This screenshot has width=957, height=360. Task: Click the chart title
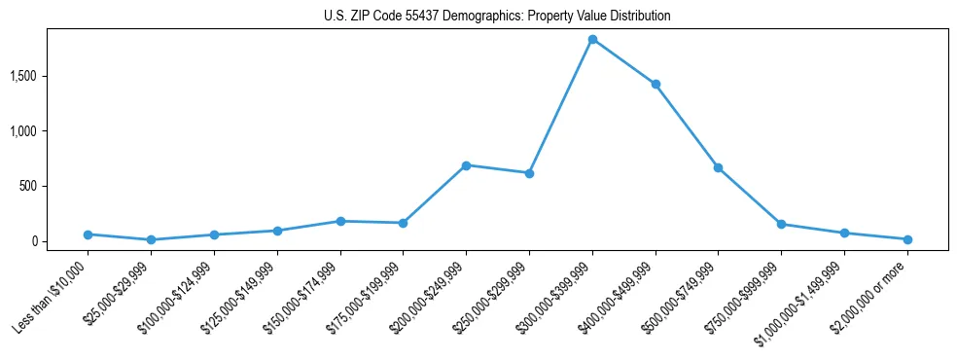tap(497, 17)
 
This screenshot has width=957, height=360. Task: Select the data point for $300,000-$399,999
tap(592, 40)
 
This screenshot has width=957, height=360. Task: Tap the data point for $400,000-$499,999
tap(656, 85)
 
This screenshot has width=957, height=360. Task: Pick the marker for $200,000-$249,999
tap(466, 165)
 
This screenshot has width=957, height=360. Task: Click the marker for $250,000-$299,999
tap(529, 173)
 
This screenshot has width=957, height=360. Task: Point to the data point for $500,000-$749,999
tap(718, 167)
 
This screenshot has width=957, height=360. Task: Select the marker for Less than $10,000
tap(89, 234)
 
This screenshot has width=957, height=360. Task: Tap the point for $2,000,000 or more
tap(907, 239)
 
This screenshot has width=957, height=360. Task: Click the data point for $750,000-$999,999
tap(781, 225)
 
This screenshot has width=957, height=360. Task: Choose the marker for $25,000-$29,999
tap(151, 239)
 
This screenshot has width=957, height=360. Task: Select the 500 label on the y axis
tap(42, 186)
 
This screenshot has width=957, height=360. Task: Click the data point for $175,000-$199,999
tap(403, 223)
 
